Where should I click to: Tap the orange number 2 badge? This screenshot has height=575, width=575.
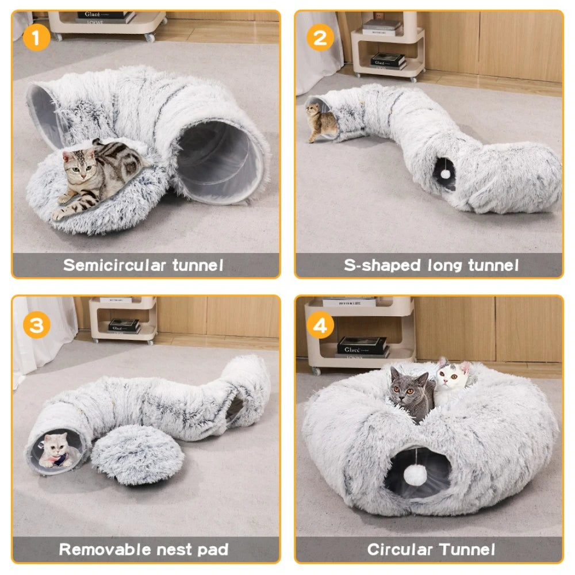pyautogui.click(x=320, y=39)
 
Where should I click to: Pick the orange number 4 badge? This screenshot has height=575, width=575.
pyautogui.click(x=320, y=326)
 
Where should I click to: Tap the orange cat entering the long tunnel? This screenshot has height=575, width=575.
pyautogui.click(x=321, y=122)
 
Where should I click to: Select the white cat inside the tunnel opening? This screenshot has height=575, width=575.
pyautogui.click(x=56, y=450)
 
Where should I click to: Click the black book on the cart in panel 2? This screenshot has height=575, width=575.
pyautogui.click(x=388, y=60)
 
